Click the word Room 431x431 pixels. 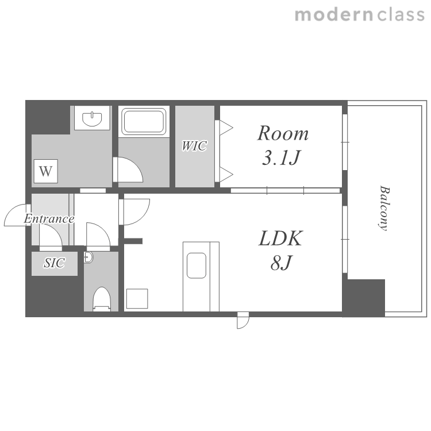[x=283, y=133]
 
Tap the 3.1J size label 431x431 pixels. [x=281, y=157]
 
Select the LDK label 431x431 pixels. [x=281, y=238]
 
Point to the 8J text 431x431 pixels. [x=280, y=263]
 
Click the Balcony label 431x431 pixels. [x=384, y=208]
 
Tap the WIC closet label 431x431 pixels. [x=194, y=146]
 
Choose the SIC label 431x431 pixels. [x=55, y=263]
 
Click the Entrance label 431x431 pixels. [x=49, y=219]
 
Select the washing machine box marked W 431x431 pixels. [x=45, y=171]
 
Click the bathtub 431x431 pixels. [x=144, y=121]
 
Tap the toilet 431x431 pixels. [x=102, y=299]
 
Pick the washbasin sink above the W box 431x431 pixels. [x=92, y=118]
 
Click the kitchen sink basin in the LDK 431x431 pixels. [x=197, y=265]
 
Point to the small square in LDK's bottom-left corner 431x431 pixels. [x=137, y=298]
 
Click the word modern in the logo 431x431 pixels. [x=334, y=15]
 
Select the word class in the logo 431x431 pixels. [x=401, y=15]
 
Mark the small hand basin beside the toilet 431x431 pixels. [x=88, y=257]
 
